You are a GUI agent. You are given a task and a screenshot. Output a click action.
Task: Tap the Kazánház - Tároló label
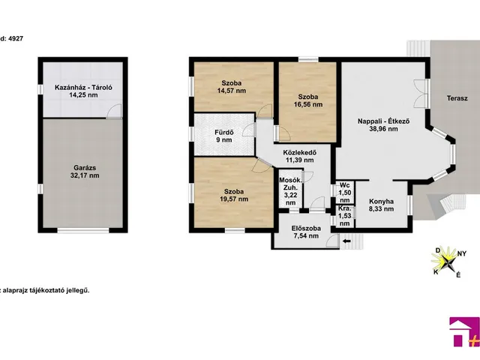coord(83,88)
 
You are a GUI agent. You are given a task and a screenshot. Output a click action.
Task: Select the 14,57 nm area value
coord(232,91)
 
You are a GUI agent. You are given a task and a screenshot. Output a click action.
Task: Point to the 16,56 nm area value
coord(308,104)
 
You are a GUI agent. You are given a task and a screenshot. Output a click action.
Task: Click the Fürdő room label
coord(224,133)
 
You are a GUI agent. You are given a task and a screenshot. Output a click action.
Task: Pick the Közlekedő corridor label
coord(300,152)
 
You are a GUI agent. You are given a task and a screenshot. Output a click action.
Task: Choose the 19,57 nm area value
coord(234,199)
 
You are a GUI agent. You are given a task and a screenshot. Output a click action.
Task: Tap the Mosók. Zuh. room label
coord(290,184)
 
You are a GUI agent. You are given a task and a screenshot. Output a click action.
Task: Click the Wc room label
coord(345,185)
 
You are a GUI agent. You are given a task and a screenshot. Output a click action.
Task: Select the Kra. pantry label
coord(343,208)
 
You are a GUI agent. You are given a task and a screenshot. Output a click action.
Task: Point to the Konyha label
coord(381,202)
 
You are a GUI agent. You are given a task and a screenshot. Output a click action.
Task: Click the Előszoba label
coord(306,228)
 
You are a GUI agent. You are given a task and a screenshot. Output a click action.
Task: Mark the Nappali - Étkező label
coord(383,121)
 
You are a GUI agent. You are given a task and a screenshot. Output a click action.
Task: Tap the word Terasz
coord(457,98)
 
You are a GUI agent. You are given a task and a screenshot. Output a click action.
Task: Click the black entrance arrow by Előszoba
coord(346,241)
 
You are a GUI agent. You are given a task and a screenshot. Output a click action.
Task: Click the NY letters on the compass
coord(462,253)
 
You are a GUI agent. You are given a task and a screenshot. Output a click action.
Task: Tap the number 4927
coord(16,38)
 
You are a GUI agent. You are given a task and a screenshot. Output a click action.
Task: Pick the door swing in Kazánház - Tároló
coord(114,111)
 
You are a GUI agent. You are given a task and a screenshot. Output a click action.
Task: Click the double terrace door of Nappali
coord(421,93)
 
